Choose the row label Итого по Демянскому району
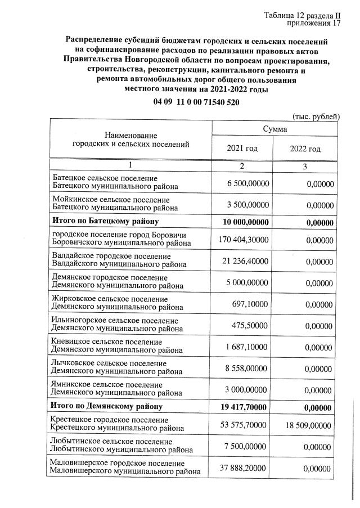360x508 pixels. pos(107,406)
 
